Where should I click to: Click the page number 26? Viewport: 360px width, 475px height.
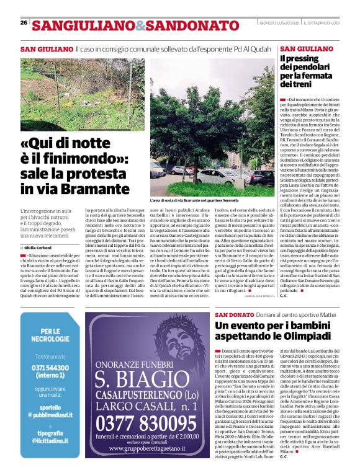pos(23,22)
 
